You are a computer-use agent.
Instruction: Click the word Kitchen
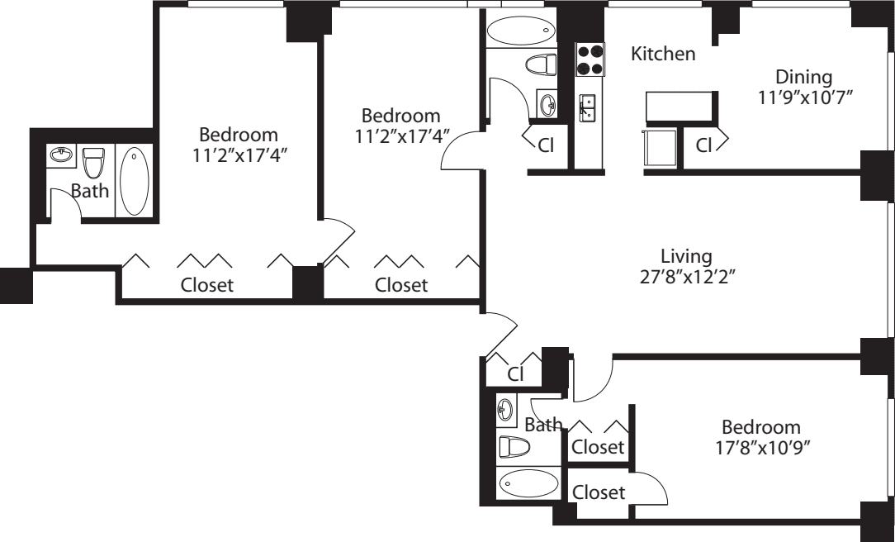point(663,55)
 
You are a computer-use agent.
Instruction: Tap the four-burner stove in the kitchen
point(590,59)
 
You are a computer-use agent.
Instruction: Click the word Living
point(686,255)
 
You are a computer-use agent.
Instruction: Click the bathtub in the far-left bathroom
point(134,181)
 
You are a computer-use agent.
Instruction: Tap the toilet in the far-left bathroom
point(93,162)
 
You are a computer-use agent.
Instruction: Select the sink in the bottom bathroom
point(507,409)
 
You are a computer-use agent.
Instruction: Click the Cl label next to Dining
point(703,145)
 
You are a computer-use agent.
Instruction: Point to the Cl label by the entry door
point(515,373)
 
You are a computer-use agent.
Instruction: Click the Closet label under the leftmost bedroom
point(207,286)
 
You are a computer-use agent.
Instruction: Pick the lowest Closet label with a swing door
point(599,492)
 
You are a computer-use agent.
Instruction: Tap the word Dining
point(803,77)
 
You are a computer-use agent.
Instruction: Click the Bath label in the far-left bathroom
point(89,191)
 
